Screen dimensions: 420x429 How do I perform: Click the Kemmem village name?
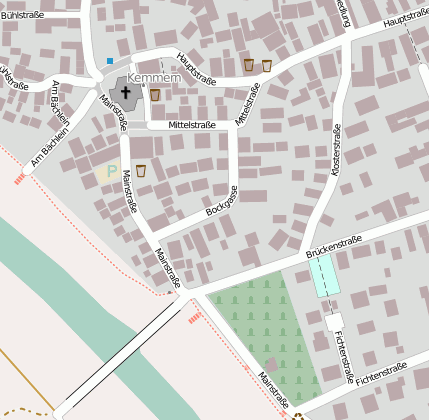155,77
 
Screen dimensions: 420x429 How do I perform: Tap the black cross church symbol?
126,93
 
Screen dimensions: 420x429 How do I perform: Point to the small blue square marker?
110,61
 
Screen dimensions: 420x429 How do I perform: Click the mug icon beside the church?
155,95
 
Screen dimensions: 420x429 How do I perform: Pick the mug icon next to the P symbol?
141,170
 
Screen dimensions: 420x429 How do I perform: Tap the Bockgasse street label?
222,200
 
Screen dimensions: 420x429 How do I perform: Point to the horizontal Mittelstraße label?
192,125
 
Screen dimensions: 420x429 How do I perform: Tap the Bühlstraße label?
21,14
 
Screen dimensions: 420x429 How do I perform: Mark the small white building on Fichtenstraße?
334,322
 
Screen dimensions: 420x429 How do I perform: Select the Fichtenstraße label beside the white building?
345,359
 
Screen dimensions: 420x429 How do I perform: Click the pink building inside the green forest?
271,365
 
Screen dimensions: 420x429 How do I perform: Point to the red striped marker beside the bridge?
195,316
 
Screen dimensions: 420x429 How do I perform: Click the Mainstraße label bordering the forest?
273,389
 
